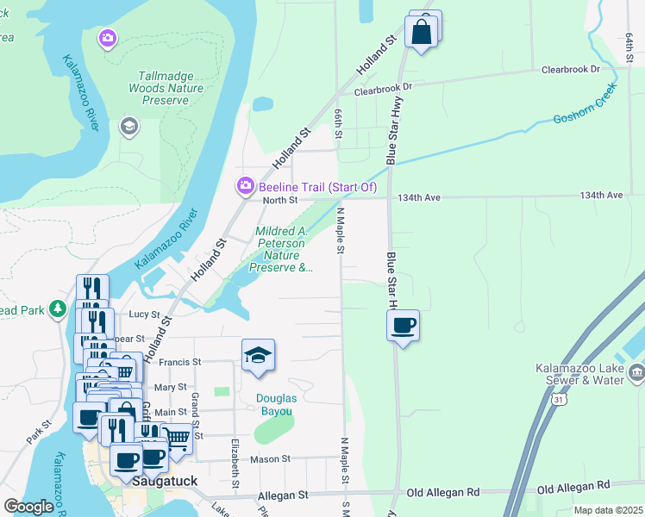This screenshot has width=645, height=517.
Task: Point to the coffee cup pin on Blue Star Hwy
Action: tap(403, 326)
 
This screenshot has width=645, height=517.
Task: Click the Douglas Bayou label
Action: tap(277, 404)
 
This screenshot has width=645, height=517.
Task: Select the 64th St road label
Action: tap(629, 42)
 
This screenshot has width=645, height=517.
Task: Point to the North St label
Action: tap(279, 200)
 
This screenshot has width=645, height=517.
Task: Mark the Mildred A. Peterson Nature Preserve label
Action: tap(281, 249)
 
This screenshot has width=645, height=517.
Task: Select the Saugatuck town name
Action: tap(167, 483)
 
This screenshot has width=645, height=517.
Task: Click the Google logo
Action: tap(28, 507)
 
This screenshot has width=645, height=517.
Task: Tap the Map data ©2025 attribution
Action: tap(607, 510)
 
